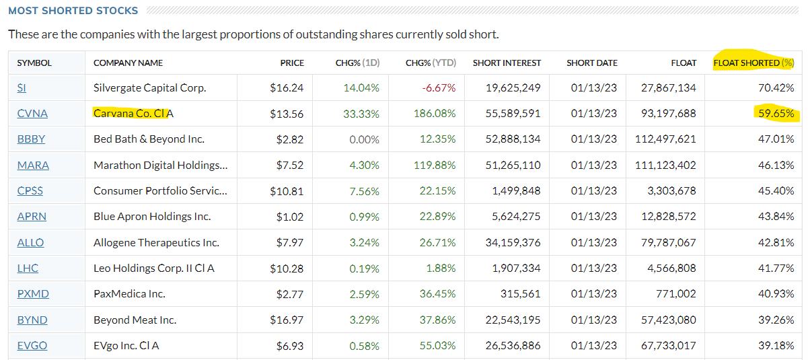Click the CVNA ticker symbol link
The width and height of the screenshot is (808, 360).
[32, 114]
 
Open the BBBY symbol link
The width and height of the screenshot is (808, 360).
[31, 139]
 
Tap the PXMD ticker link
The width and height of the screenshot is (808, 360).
[33, 294]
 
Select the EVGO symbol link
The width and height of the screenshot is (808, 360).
[32, 346]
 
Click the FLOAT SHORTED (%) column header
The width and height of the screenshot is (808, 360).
[754, 63]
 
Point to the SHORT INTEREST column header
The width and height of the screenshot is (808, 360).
[507, 63]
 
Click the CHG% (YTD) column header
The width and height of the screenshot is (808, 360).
[431, 63]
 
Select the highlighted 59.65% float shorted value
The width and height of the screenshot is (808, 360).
[776, 114]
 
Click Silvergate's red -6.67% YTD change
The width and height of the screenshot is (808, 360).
[439, 88]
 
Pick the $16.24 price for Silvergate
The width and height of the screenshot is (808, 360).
[287, 88]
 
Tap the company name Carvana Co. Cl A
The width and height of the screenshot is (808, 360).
[133, 114]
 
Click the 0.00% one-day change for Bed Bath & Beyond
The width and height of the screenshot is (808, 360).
[364, 139]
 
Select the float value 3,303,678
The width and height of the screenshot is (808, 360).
[671, 191]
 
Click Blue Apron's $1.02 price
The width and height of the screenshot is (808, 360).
[290, 217]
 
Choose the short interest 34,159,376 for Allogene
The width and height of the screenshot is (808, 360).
[513, 242]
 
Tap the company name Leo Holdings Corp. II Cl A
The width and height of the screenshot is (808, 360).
[154, 268]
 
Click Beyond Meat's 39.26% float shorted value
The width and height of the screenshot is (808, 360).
[776, 320]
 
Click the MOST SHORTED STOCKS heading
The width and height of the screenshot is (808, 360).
[73, 11]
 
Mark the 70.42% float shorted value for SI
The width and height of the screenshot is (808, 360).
[776, 88]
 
